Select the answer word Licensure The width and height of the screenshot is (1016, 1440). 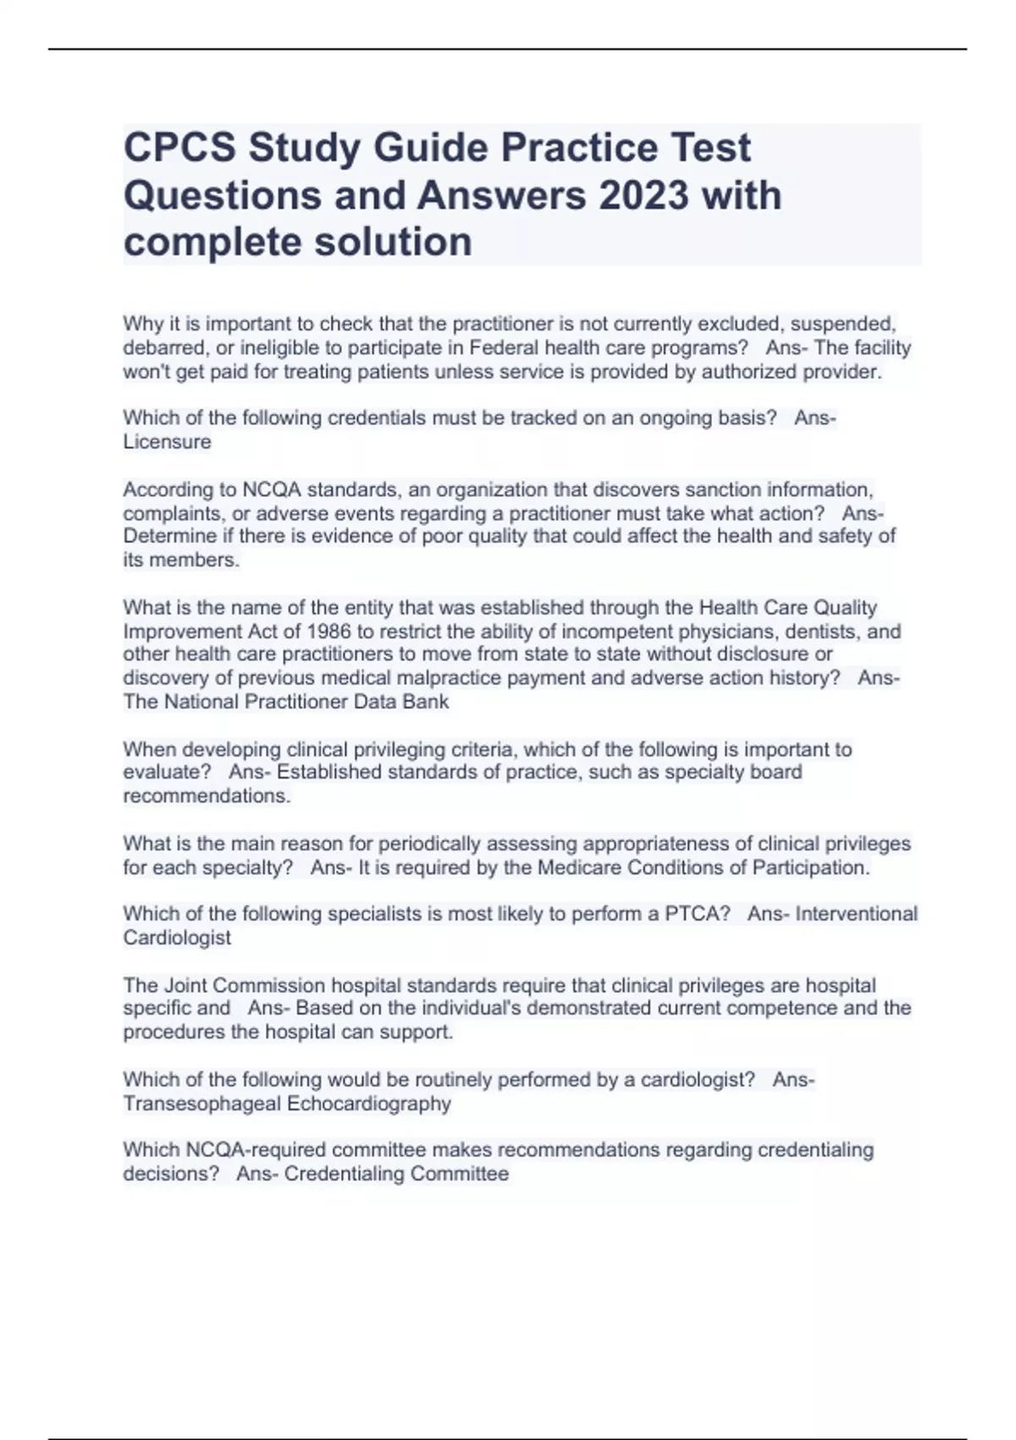167,442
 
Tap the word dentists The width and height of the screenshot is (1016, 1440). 822,632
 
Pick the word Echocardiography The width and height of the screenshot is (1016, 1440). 369,1105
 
